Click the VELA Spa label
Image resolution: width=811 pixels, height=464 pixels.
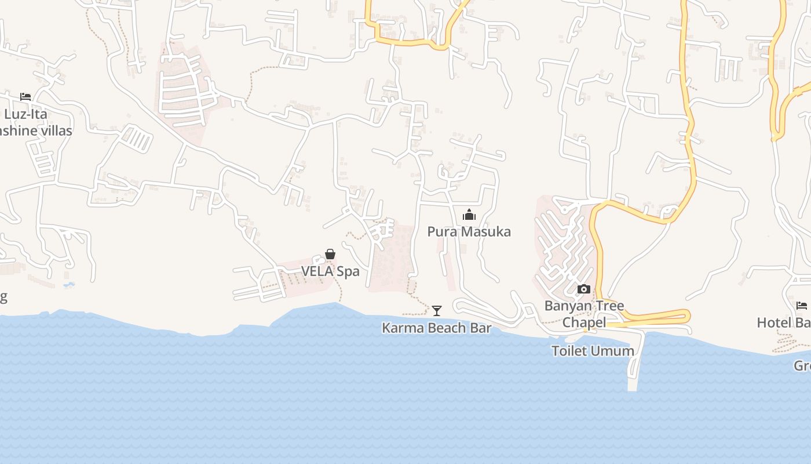[x=330, y=271]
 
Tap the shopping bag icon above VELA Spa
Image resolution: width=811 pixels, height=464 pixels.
[x=330, y=254]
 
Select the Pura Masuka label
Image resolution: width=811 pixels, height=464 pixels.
[x=469, y=232]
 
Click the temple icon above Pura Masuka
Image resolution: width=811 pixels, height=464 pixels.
[x=469, y=215]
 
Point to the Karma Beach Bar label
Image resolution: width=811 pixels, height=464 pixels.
[x=436, y=328]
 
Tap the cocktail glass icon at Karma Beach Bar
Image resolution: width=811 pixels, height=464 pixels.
[x=437, y=311]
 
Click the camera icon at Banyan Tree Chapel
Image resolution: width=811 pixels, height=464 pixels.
[x=584, y=289]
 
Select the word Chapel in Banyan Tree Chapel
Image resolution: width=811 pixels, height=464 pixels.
[x=584, y=322]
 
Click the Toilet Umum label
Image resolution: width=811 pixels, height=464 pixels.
[x=593, y=351]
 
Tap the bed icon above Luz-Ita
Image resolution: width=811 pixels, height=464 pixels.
[x=25, y=96]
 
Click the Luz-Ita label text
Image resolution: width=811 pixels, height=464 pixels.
[x=25, y=114]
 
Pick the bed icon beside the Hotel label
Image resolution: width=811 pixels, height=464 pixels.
[x=802, y=305]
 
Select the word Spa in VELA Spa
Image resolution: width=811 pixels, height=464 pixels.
[x=348, y=271]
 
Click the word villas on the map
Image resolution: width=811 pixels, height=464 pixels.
[x=53, y=130]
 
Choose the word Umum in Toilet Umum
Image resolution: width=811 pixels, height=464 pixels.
[x=617, y=351]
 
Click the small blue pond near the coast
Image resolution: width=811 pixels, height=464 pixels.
[x=69, y=285]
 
